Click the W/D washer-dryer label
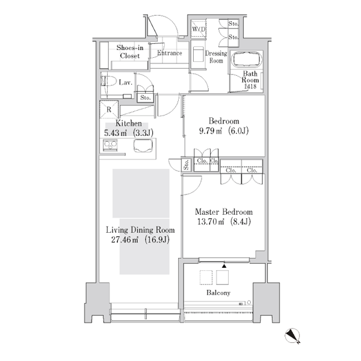pyautogui.click(x=199, y=29)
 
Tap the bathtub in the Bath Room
pyautogui.click(x=247, y=60)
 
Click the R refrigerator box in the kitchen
pyautogui.click(x=109, y=110)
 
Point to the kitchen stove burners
pyautogui.click(x=110, y=145)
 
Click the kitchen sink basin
pyautogui.click(x=143, y=146)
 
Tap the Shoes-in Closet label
pyautogui.click(x=130, y=52)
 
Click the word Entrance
pyautogui.click(x=170, y=53)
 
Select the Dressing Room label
pyautogui.click(x=216, y=57)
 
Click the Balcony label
pyautogui.click(x=218, y=292)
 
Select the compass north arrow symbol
pyautogui.click(x=292, y=336)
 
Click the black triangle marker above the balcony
pyautogui.click(x=224, y=266)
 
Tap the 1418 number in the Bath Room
pyautogui.click(x=250, y=86)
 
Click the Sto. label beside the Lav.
pyautogui.click(x=145, y=97)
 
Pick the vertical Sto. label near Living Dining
pyautogui.click(x=187, y=165)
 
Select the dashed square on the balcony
pyautogui.click(x=206, y=277)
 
